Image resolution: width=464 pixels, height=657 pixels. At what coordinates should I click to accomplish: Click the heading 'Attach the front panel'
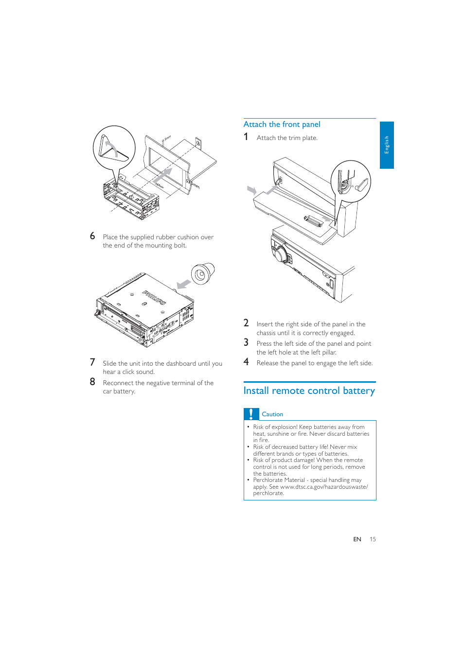click(282, 124)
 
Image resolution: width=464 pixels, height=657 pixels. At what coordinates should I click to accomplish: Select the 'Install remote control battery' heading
click(309, 391)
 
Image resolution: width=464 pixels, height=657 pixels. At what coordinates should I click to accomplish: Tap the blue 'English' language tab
click(387, 145)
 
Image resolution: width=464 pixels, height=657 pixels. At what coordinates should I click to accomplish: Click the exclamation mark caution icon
click(251, 414)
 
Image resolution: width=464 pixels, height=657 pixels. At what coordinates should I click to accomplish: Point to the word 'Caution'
click(272, 414)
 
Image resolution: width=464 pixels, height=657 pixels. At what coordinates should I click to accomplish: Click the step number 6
click(92, 236)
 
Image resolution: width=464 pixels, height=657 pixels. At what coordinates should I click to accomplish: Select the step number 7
click(92, 362)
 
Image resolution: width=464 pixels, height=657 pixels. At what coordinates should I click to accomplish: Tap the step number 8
click(92, 382)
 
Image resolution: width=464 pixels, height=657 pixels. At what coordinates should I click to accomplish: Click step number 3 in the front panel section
click(246, 343)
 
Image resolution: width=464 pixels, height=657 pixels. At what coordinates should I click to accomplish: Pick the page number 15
click(373, 539)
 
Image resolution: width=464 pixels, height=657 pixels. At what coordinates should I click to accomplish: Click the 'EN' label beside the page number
click(357, 539)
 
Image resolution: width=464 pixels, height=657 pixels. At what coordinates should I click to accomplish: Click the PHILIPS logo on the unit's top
click(154, 297)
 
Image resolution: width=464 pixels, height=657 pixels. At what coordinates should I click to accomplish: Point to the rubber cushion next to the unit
click(202, 274)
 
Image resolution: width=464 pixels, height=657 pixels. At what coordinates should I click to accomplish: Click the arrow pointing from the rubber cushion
click(183, 284)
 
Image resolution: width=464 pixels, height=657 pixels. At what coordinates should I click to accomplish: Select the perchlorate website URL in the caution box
click(323, 487)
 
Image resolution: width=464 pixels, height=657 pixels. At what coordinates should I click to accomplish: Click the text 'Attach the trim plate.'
click(287, 138)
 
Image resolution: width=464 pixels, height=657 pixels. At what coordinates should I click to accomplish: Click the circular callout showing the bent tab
click(114, 148)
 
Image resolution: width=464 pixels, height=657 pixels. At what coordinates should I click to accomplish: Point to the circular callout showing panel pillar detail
click(351, 182)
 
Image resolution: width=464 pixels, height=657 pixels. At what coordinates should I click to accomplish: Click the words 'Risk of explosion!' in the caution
click(275, 427)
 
